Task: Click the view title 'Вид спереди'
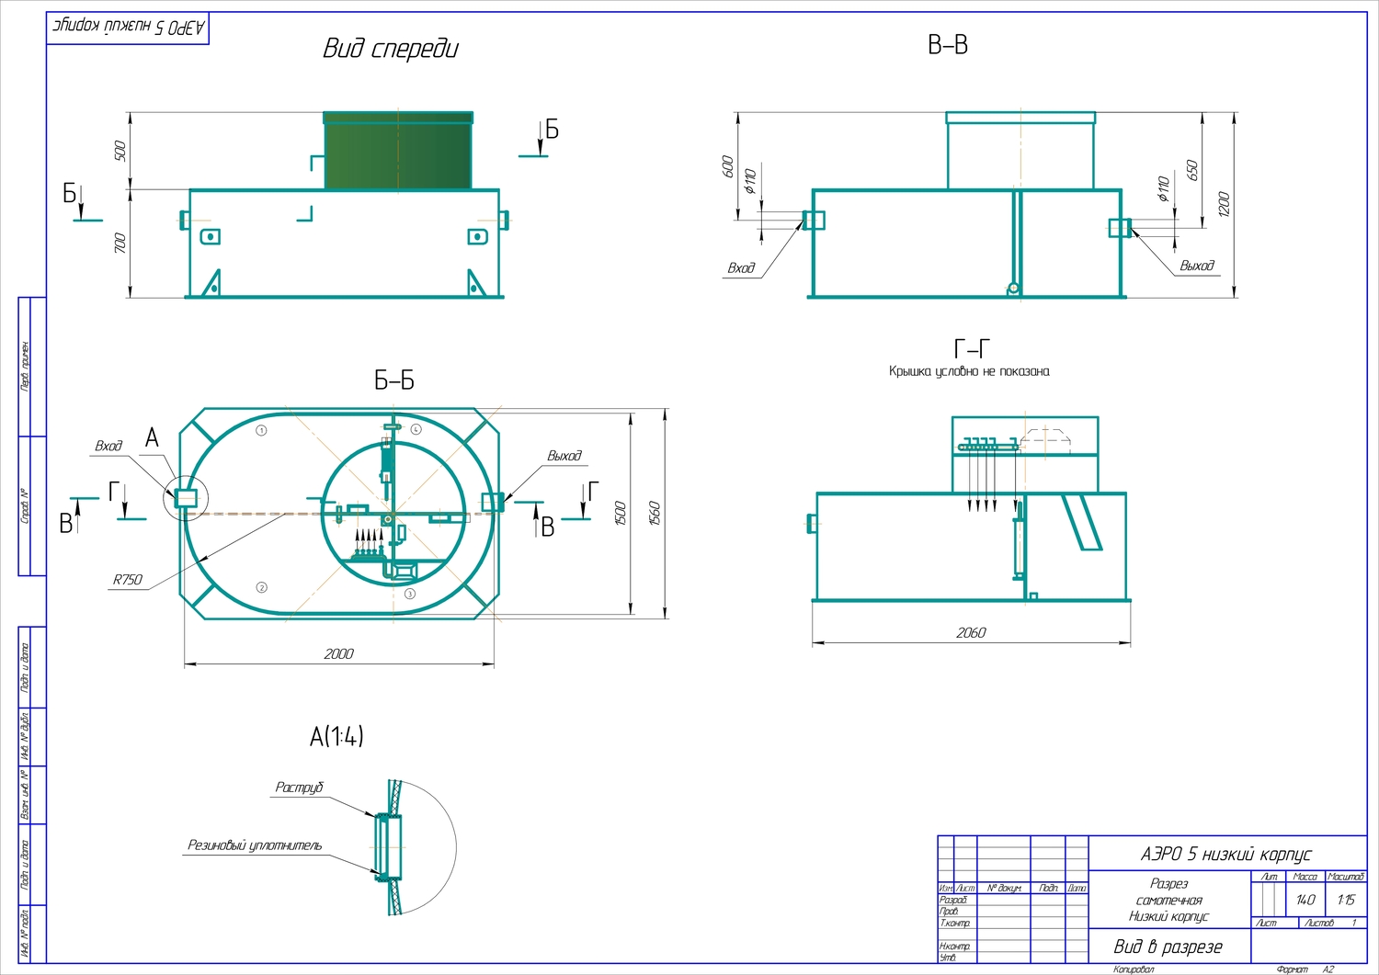(390, 49)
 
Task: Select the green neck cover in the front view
(398, 153)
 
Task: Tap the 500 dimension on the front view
(120, 151)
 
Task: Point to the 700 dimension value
(120, 244)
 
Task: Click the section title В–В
(947, 45)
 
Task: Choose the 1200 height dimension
(1224, 204)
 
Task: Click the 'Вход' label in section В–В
(741, 268)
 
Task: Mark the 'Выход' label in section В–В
(1197, 266)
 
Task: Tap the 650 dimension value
(1192, 171)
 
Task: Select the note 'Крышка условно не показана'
(969, 371)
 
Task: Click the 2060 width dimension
(971, 632)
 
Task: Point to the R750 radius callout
(128, 580)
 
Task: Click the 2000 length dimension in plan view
(338, 653)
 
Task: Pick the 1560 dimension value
(655, 513)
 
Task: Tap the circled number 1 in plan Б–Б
(261, 430)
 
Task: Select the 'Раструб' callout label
(300, 788)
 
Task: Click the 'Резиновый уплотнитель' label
(255, 845)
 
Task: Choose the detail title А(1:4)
(336, 736)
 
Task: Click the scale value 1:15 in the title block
(1346, 900)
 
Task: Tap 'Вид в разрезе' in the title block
(1168, 947)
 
